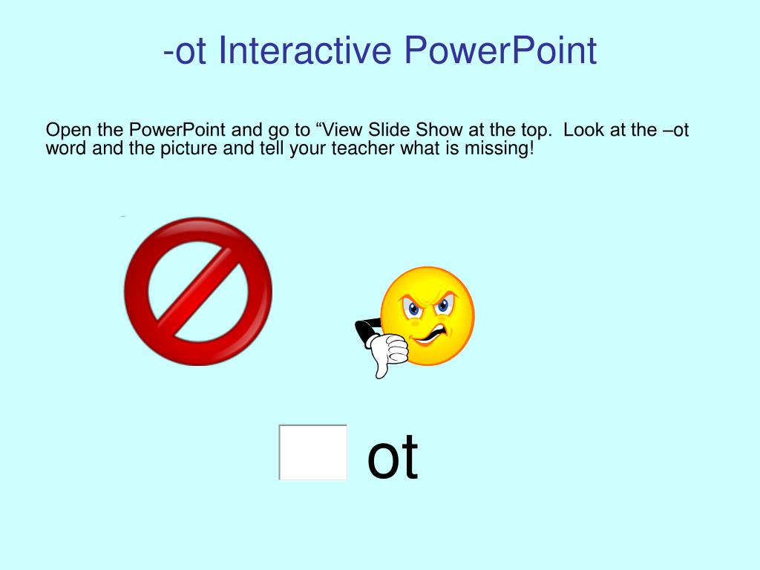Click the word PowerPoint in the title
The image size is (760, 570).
coord(500,51)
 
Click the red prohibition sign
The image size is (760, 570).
coord(198,291)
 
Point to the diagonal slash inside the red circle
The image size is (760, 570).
coord(198,291)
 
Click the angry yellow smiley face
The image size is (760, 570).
coord(427,316)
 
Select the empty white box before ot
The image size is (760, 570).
coord(313,452)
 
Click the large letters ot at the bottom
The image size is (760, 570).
coord(393,457)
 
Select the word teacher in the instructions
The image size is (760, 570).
coord(363,148)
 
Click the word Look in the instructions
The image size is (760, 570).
coord(581,130)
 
